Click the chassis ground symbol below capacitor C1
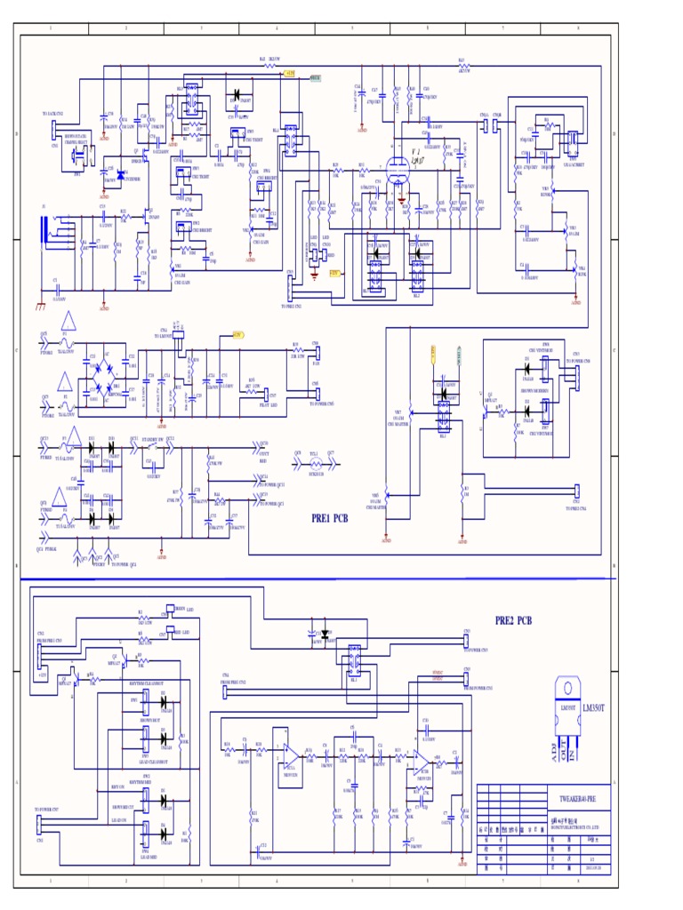(40, 305)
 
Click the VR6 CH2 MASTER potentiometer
(385, 502)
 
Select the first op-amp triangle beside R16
(290, 754)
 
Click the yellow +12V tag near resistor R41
(290, 74)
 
